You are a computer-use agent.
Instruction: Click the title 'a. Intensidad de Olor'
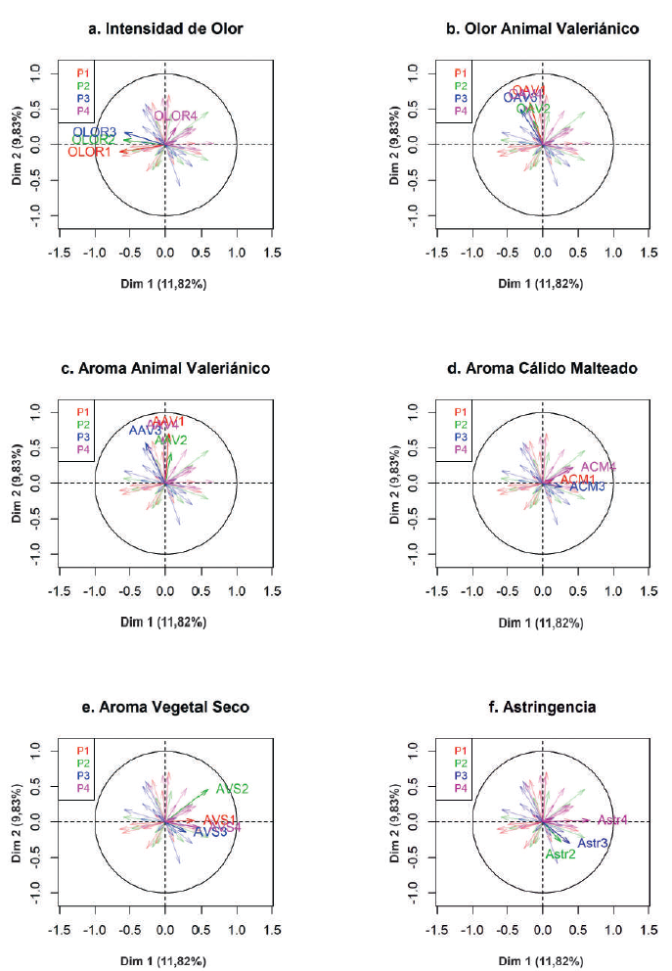tap(166, 29)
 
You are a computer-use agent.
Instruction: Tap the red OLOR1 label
tap(90, 152)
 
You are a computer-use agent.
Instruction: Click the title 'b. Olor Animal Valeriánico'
tap(542, 29)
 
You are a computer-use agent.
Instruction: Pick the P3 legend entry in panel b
tap(461, 99)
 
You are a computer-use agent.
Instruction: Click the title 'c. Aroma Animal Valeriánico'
tap(165, 368)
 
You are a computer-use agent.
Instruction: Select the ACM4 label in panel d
tap(599, 467)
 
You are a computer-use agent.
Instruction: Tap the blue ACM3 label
tap(588, 486)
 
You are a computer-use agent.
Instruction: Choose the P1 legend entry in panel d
tap(461, 412)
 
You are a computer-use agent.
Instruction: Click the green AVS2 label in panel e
tap(232, 788)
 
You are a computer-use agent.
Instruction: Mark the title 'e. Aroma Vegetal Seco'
tap(165, 707)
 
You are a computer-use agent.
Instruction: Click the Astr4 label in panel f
tap(612, 820)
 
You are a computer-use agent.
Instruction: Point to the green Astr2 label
tap(560, 855)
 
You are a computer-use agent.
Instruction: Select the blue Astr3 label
tap(593, 843)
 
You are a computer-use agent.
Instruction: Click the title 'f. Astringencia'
tap(542, 707)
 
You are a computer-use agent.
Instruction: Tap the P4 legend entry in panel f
tap(461, 788)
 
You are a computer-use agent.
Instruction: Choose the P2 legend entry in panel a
tap(83, 86)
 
